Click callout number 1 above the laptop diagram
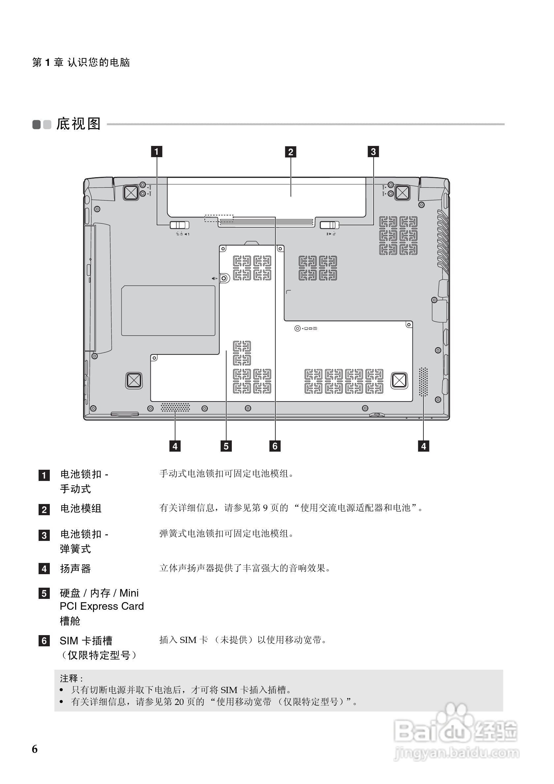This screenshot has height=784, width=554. point(157,152)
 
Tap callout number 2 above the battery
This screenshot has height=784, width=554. point(291,152)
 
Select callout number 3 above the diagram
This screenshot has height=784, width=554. point(373,152)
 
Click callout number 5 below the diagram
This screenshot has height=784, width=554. point(226,446)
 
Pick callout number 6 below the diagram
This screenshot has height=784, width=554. point(275,446)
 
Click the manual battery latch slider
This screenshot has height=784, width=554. point(179,225)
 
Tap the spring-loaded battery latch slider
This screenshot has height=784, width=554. point(329,225)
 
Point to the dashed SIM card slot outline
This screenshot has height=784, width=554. point(219,218)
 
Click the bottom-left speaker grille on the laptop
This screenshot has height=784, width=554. point(175,407)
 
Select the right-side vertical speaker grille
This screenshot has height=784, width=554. point(423,382)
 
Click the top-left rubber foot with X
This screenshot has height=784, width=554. point(131,193)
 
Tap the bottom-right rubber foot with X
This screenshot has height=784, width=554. point(399,380)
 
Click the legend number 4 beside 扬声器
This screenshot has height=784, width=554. point(44,569)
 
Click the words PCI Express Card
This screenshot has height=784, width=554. point(102,606)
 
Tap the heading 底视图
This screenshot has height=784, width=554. point(78,124)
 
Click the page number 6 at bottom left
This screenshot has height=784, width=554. point(35,749)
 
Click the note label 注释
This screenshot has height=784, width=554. point(71,679)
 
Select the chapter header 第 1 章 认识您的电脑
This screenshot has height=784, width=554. point(81,63)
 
